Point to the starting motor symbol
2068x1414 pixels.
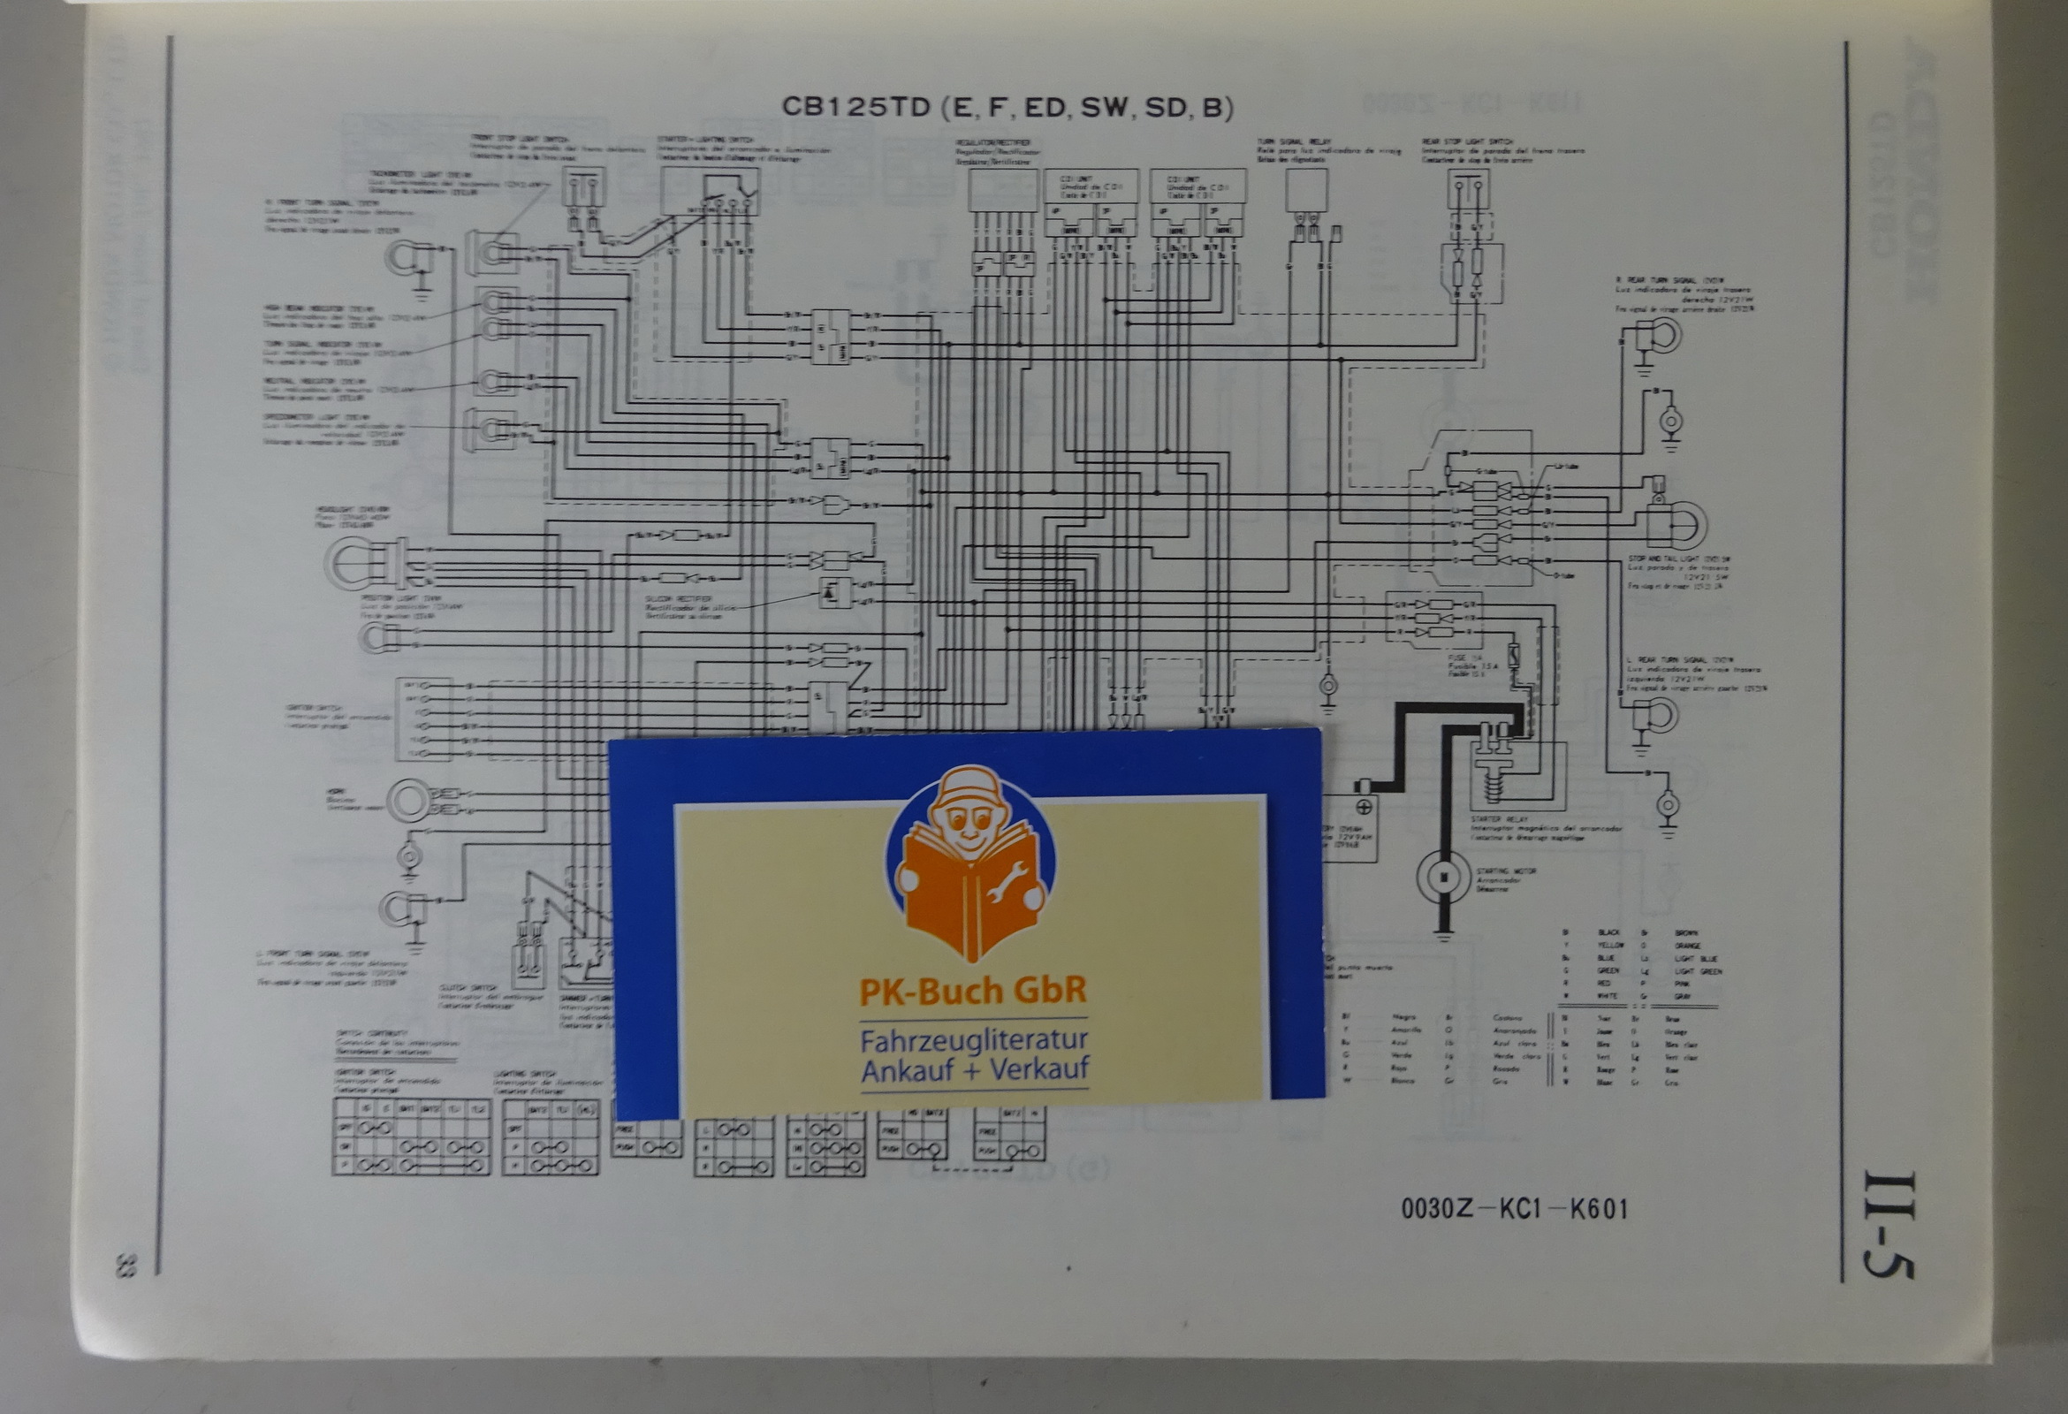pyautogui.click(x=1442, y=877)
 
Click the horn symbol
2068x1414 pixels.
pyautogui.click(x=410, y=801)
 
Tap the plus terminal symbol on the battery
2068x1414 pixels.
pyautogui.click(x=1363, y=807)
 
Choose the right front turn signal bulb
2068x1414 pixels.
pyautogui.click(x=405, y=257)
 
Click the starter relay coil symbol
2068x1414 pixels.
pyautogui.click(x=1493, y=783)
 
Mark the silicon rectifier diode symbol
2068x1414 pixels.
pyautogui.click(x=830, y=591)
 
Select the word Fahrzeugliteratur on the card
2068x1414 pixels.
pyautogui.click(x=974, y=1040)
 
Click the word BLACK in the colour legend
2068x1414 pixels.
pyautogui.click(x=1608, y=932)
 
